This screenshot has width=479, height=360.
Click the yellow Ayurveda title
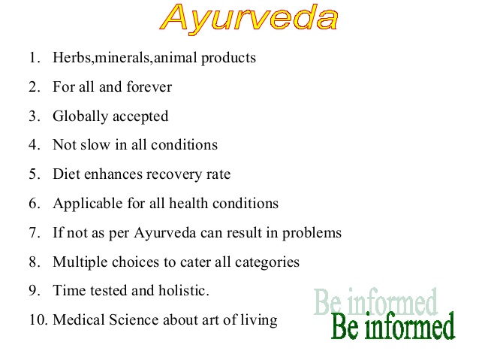[x=249, y=18]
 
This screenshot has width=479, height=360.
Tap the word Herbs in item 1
[x=72, y=57]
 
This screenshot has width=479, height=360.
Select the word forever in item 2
[x=149, y=86]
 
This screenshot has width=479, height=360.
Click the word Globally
[x=80, y=116]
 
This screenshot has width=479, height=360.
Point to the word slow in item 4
[x=95, y=144]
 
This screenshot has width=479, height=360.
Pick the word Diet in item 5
[x=66, y=174]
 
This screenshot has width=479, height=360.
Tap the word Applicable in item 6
[x=87, y=204]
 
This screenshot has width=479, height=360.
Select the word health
[x=188, y=203]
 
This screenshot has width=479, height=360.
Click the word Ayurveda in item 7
[x=164, y=233]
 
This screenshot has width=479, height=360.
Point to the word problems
[x=312, y=233]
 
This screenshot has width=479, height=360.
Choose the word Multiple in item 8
[x=80, y=262]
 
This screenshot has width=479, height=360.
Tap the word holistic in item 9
[x=184, y=290]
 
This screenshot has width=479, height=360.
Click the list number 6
[x=35, y=204]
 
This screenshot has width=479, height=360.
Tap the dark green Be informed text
[x=393, y=326]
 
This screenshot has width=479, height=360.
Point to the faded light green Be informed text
[x=376, y=301]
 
